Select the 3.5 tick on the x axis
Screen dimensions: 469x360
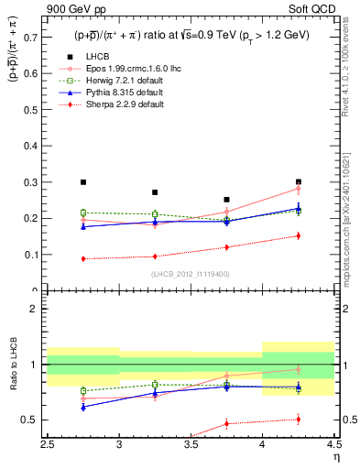[x=191, y=444]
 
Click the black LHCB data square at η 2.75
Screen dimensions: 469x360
[x=83, y=182]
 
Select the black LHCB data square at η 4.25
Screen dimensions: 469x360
[x=298, y=182]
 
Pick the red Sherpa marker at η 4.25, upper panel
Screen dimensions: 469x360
[x=298, y=236]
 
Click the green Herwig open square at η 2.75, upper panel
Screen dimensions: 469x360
[x=83, y=213]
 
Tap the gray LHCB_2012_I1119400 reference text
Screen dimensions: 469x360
[x=191, y=273]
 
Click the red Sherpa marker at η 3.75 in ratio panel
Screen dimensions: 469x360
[x=226, y=423]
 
